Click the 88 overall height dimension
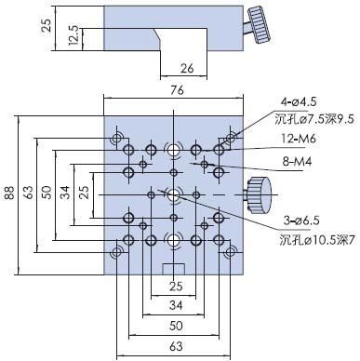coord(8,194)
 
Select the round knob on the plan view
coord(256,195)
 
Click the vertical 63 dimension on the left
coord(28,194)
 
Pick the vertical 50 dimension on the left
coord(47,194)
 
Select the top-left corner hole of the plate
coord(117,140)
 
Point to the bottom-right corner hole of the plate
coord(229,252)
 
